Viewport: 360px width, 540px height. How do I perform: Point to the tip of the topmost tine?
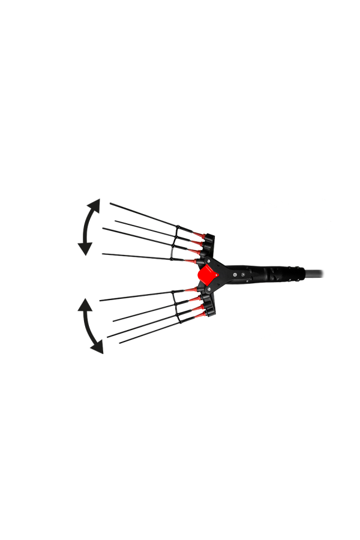pos(110,203)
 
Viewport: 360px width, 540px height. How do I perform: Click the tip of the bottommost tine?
pos(120,343)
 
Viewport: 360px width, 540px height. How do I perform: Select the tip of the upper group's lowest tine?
pos(103,254)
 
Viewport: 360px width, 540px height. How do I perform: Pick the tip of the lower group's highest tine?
pos(100,300)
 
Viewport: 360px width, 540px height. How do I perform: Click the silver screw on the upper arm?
pos(209,261)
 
